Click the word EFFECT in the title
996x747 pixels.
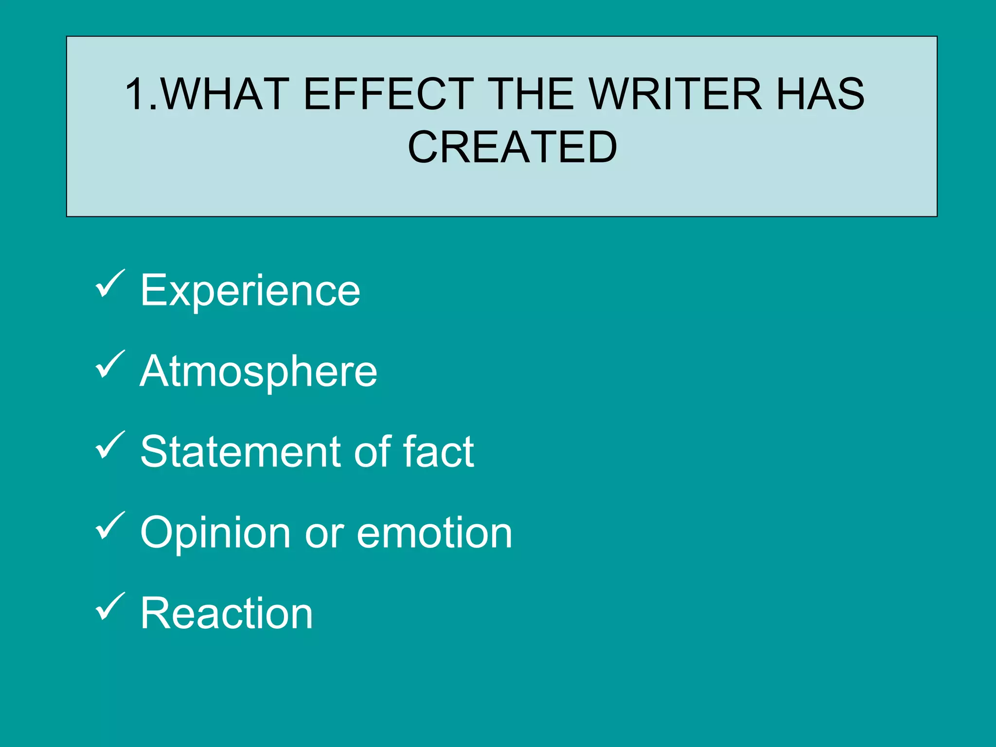[388, 94]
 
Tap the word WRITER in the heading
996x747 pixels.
[676, 94]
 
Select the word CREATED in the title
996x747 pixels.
[512, 147]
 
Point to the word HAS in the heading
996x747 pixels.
[820, 94]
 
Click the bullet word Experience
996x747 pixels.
[250, 291]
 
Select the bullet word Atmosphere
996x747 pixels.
[258, 372]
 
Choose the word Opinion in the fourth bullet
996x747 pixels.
[215, 533]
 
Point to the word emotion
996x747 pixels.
[434, 533]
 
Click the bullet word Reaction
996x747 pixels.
[227, 613]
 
